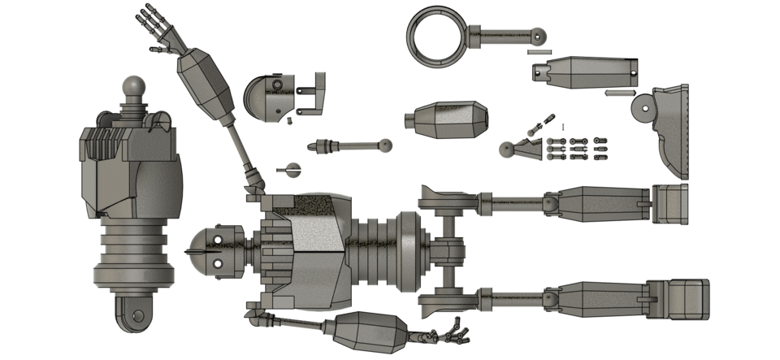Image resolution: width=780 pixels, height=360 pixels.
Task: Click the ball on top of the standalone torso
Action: (x=133, y=85)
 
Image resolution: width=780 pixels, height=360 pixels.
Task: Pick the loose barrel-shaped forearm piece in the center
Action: (x=446, y=119)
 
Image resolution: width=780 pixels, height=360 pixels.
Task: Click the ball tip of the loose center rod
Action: (x=386, y=146)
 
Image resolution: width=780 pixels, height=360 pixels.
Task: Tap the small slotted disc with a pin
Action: (x=291, y=170)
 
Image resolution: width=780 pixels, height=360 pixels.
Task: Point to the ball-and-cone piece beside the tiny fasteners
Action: (x=516, y=150)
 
